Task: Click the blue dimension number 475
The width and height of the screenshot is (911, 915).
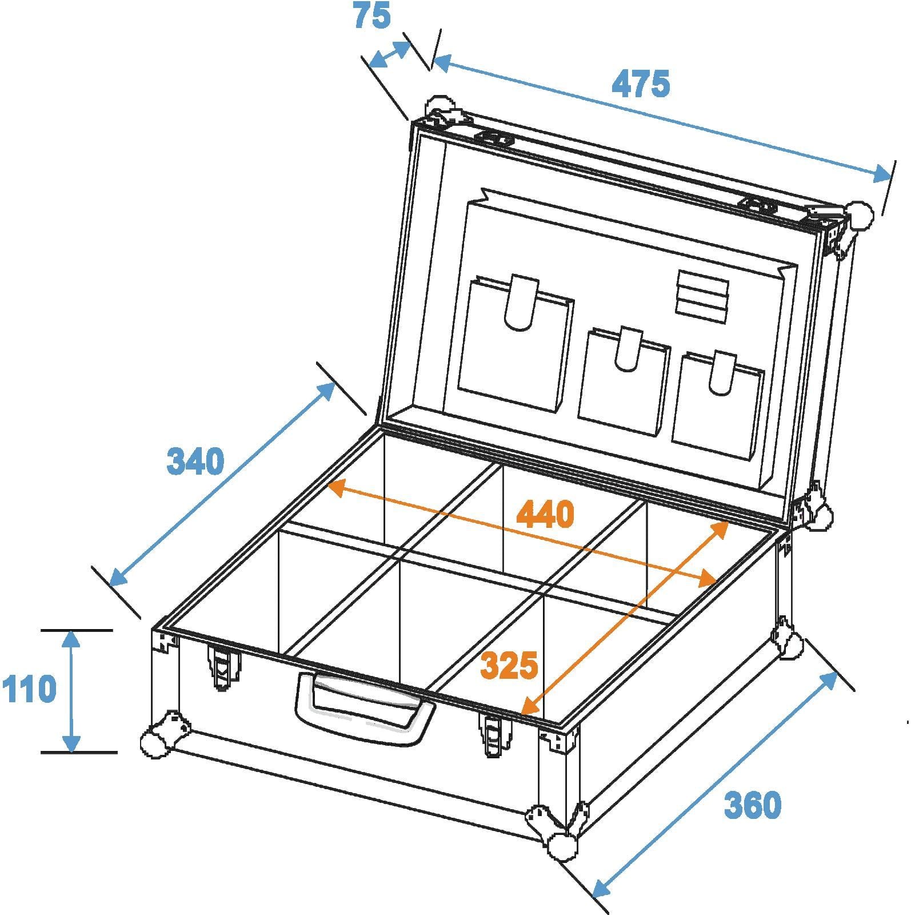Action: pyautogui.click(x=640, y=84)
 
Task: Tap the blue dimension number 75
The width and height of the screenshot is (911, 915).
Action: pyautogui.click(x=372, y=15)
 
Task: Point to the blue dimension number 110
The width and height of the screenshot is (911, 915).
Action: pyautogui.click(x=29, y=689)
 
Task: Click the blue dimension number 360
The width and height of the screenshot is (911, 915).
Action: pyautogui.click(x=752, y=805)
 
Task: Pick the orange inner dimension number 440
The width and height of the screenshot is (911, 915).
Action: pyautogui.click(x=545, y=514)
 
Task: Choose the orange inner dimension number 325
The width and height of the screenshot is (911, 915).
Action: pyautogui.click(x=509, y=665)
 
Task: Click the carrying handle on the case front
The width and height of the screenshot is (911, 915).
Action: pyautogui.click(x=365, y=708)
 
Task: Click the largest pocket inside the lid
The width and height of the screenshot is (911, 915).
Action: pyautogui.click(x=515, y=343)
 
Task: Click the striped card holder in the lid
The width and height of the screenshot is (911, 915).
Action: pyautogui.click(x=702, y=293)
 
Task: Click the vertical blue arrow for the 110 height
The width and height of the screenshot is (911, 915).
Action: pyautogui.click(x=71, y=691)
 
